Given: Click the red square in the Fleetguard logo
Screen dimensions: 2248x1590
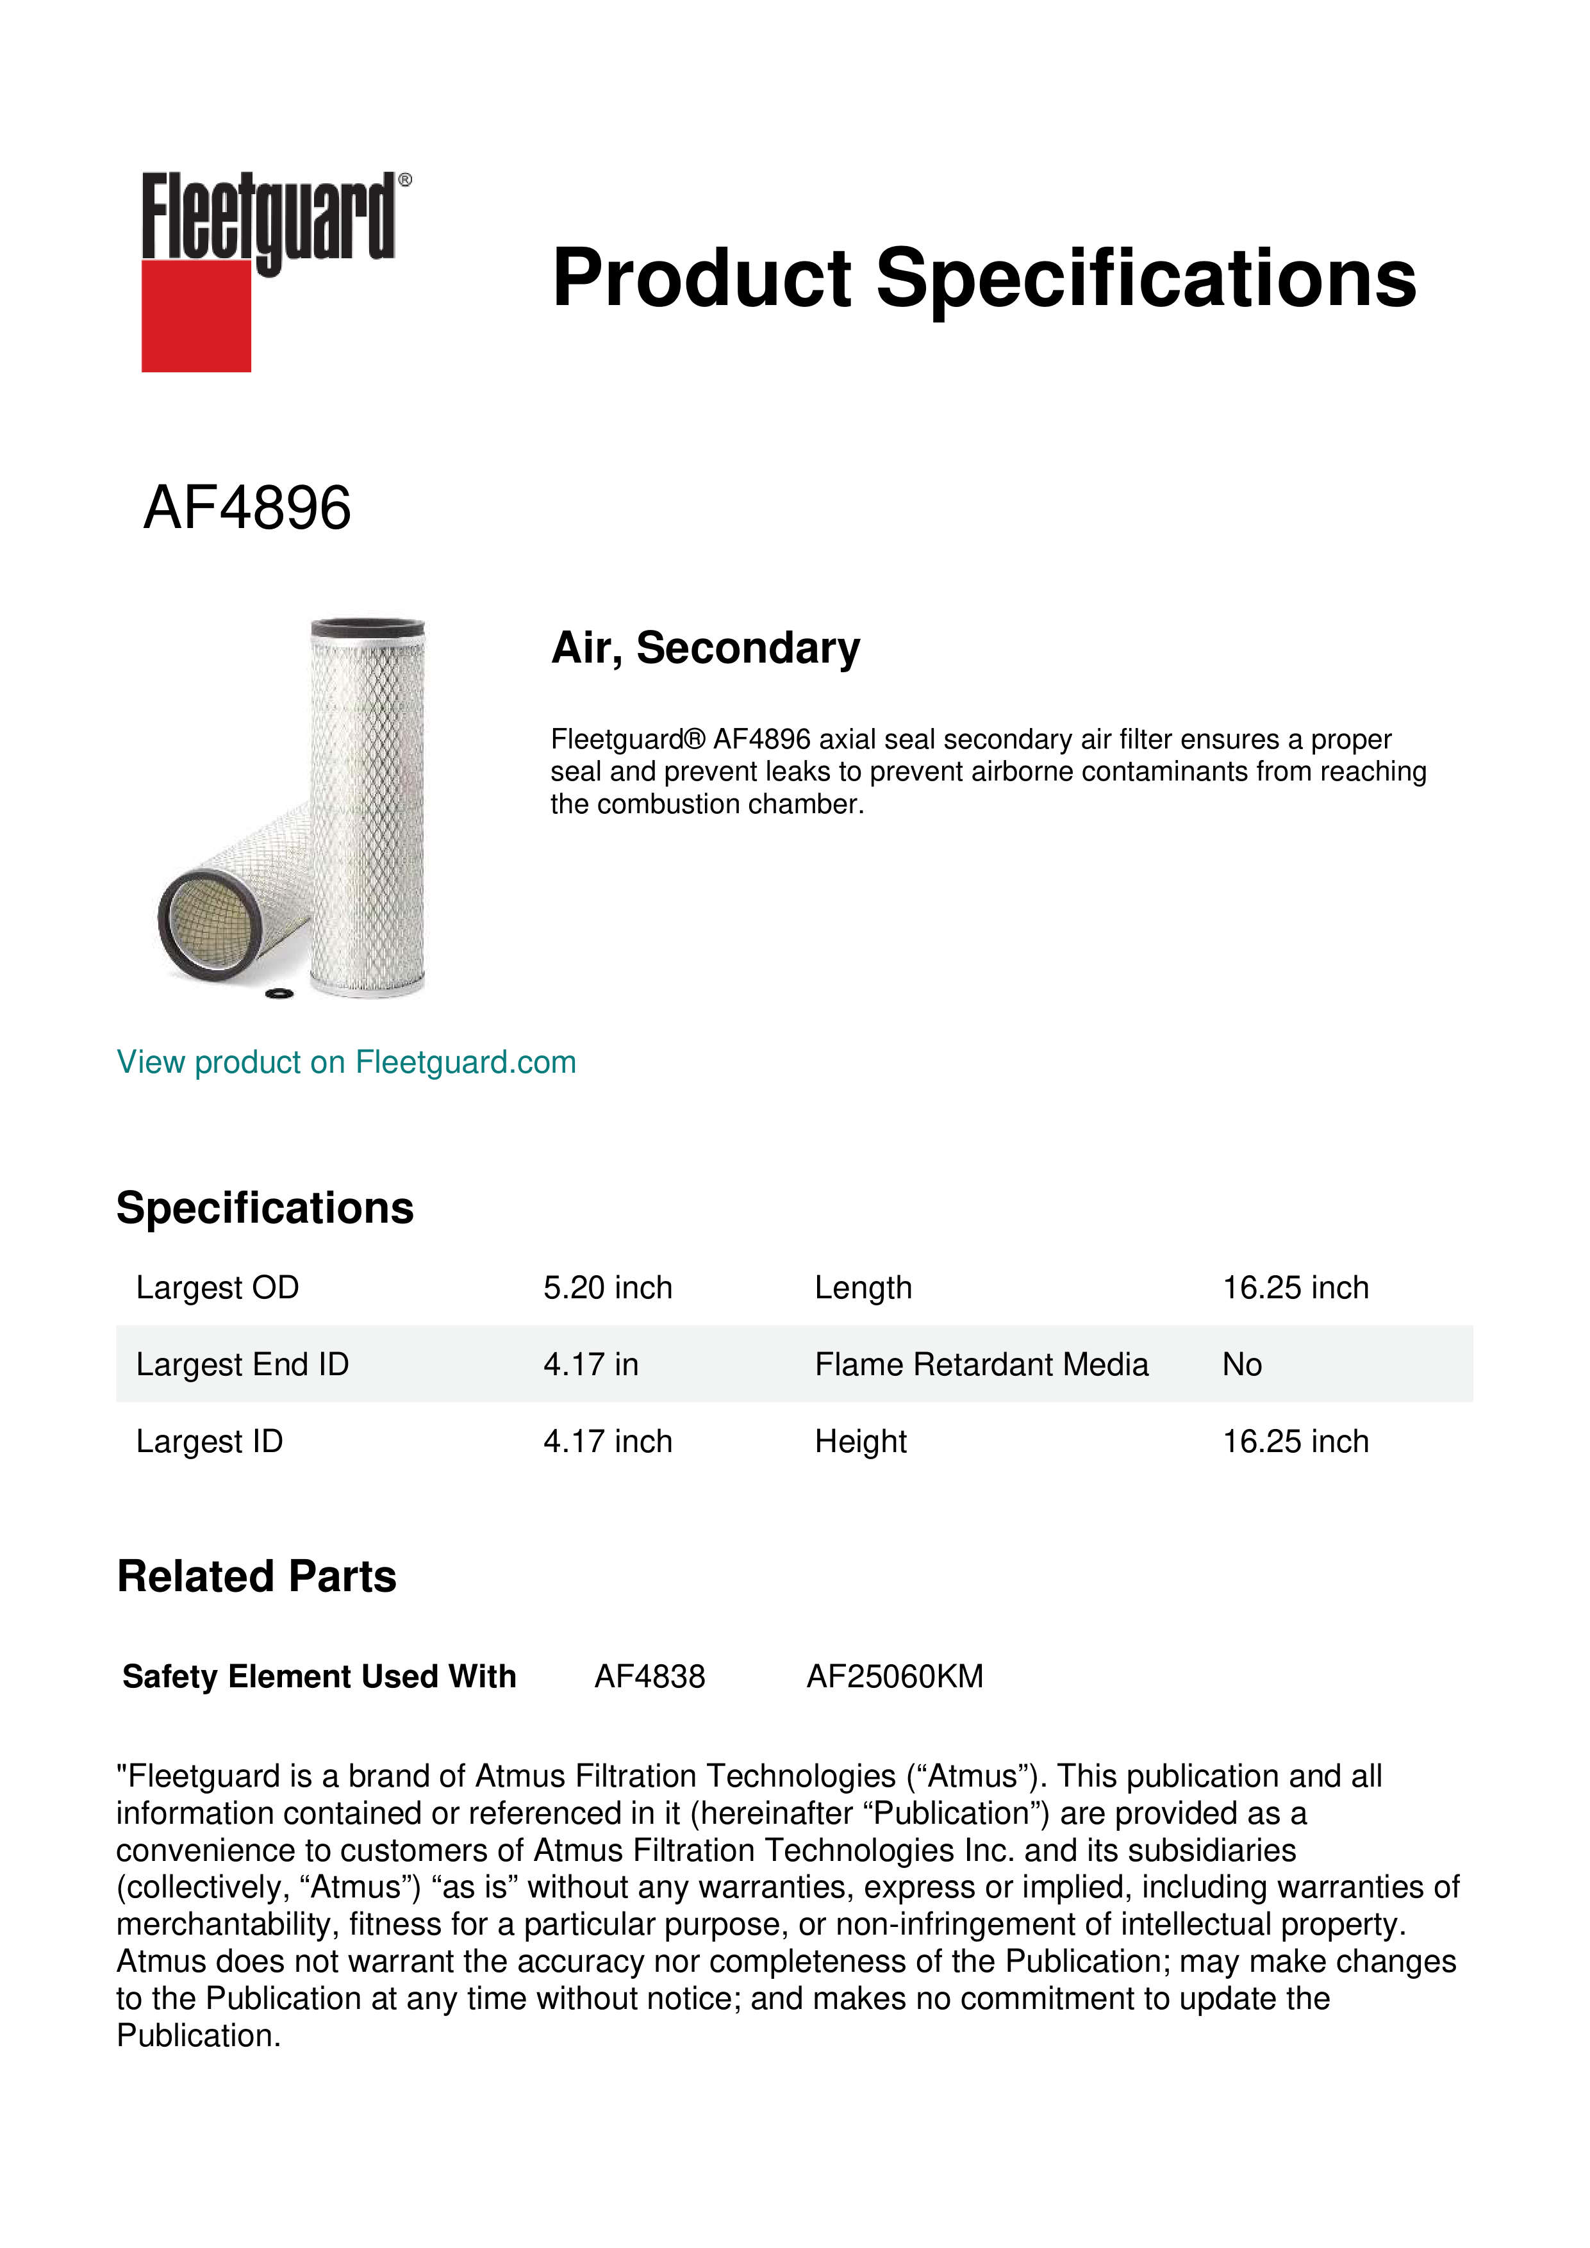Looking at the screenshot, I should point(196,315).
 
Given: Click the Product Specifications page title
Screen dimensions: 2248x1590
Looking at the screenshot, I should point(983,278).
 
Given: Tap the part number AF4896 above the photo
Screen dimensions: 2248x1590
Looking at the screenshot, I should point(247,508).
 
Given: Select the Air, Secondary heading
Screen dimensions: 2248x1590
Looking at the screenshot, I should point(705,648).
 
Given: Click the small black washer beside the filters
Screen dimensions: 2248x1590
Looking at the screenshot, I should point(280,994).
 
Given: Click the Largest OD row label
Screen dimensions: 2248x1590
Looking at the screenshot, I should point(217,1287).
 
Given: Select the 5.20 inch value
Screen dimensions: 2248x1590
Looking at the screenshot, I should point(608,1287).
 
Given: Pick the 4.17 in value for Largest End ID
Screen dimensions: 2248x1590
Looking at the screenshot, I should point(590,1364).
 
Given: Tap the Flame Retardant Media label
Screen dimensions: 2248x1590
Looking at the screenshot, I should point(981,1364).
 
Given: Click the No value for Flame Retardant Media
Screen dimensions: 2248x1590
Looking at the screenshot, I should point(1241,1364).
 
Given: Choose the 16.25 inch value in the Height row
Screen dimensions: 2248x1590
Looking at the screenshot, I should point(1295,1441).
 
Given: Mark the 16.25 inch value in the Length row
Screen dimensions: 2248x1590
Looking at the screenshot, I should point(1295,1287).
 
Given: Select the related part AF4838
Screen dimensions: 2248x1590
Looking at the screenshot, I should point(649,1676).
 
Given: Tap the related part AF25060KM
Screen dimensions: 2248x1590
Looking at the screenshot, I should point(894,1676).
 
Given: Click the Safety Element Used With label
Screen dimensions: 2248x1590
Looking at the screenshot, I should point(319,1676).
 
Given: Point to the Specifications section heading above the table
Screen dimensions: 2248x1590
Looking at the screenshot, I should point(264,1208).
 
